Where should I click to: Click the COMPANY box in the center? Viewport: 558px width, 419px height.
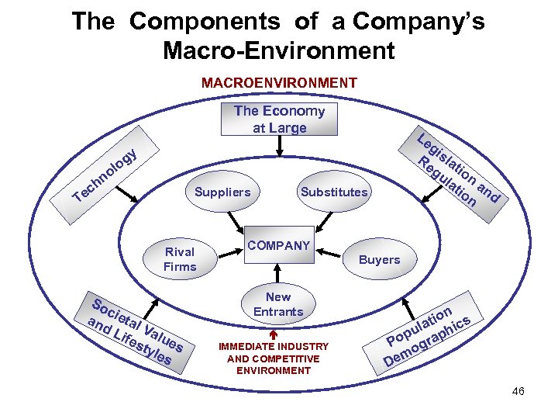click(x=278, y=245)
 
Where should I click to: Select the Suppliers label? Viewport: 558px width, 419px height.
click(x=222, y=192)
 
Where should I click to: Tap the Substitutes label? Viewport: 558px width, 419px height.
click(x=334, y=192)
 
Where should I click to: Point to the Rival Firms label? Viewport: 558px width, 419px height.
click(x=180, y=259)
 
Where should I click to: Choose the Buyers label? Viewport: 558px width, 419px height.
click(x=379, y=260)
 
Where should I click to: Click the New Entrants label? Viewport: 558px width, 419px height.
click(x=278, y=304)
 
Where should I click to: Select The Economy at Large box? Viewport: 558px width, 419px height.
click(x=279, y=119)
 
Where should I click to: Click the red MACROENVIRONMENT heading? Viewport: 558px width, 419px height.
click(x=279, y=82)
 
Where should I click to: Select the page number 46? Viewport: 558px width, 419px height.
click(x=518, y=391)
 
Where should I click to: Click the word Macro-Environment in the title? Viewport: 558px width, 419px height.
click(x=279, y=51)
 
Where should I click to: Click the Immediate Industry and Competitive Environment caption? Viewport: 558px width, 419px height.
click(x=274, y=358)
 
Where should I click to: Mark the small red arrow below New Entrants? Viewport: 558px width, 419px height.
click(x=273, y=333)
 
